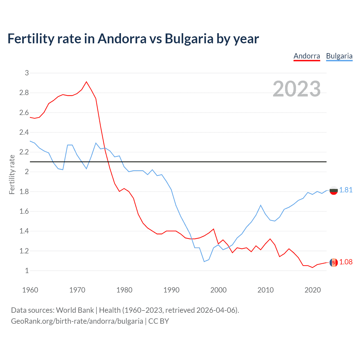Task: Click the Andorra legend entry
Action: (x=307, y=56)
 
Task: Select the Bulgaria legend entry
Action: (x=339, y=56)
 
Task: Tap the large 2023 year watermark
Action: (x=297, y=89)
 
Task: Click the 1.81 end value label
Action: (x=346, y=190)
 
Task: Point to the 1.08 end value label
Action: (x=346, y=262)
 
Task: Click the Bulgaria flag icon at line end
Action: (x=334, y=190)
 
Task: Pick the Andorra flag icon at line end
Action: (x=334, y=262)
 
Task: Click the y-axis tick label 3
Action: (x=27, y=73)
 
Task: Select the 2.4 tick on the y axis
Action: (x=24, y=132)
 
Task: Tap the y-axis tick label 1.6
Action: (x=24, y=211)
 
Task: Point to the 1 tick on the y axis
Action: (x=27, y=271)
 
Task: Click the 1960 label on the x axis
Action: (x=30, y=290)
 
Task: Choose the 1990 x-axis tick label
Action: (x=171, y=290)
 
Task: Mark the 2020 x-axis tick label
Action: (x=312, y=290)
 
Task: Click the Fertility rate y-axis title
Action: (x=12, y=174)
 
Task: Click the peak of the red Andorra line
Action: (x=86, y=82)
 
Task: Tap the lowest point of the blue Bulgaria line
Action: (x=204, y=262)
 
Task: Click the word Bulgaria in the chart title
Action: (x=189, y=39)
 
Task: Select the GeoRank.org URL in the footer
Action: (x=77, y=321)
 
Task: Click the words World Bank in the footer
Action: (x=75, y=310)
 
